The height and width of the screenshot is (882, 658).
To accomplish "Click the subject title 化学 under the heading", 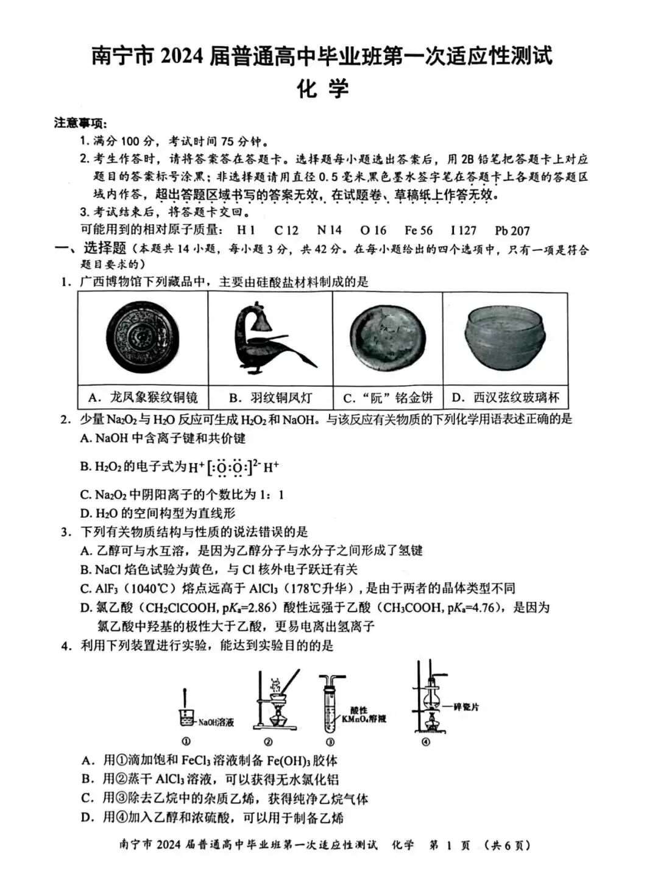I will [322, 89].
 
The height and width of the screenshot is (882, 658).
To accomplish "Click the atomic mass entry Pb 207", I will [512, 231].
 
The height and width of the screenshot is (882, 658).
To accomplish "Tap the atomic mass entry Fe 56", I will [418, 230].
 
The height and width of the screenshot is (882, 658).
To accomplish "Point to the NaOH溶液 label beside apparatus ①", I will [216, 722].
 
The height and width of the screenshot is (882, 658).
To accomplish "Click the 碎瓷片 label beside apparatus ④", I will [467, 707].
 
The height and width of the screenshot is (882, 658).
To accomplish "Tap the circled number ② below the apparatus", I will [268, 741].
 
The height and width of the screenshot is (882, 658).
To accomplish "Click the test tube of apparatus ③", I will [330, 710].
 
